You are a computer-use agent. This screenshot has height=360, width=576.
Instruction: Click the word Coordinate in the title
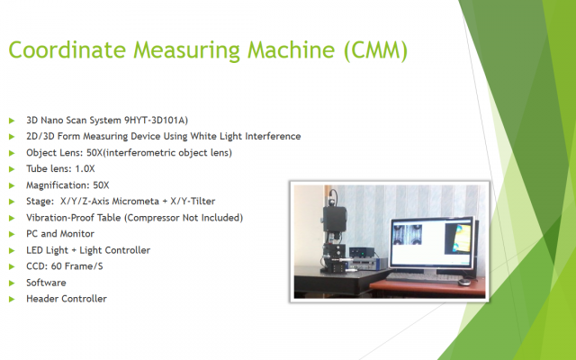[x=67, y=49]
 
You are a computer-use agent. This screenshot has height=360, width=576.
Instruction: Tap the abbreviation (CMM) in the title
[x=376, y=50]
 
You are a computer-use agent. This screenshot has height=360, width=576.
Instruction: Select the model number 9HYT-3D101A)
[x=156, y=120]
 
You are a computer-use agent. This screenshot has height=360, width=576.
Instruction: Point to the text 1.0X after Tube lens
[x=85, y=168]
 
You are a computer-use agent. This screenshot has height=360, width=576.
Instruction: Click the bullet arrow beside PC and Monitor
[x=12, y=234]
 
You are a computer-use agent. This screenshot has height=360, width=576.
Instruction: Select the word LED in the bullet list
[x=33, y=250]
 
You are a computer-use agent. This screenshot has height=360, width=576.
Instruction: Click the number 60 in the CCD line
[x=56, y=266]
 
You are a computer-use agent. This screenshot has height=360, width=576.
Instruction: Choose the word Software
[x=46, y=283]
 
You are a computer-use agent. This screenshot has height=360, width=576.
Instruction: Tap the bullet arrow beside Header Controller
[x=12, y=299]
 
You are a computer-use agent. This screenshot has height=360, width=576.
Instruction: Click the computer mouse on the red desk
[x=464, y=282]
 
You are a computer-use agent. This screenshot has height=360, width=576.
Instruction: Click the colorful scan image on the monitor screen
[x=458, y=238]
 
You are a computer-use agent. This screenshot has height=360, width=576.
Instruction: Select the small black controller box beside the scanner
[x=362, y=252]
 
